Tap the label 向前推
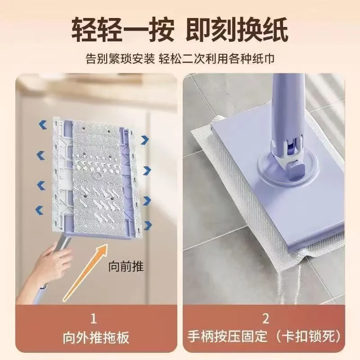(x=126, y=266)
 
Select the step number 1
(x=94, y=319)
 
